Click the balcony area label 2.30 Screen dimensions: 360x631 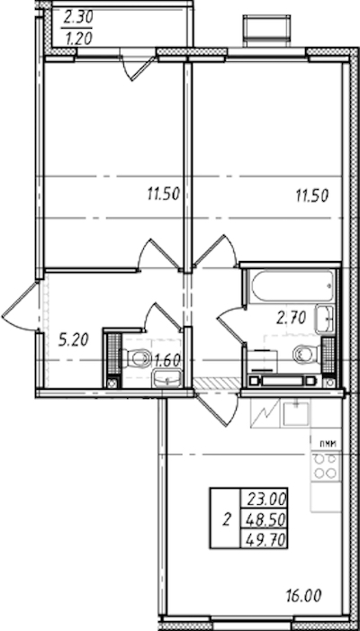[x=78, y=17]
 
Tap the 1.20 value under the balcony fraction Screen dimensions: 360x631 [x=78, y=38]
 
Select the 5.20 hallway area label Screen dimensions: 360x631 [x=73, y=340]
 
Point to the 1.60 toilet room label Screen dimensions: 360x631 [x=166, y=360]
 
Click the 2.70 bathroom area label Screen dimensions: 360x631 [x=292, y=318]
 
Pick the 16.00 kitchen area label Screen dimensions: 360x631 [x=303, y=595]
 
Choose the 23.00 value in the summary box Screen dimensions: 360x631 [x=266, y=500]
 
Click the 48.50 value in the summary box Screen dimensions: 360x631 [x=266, y=520]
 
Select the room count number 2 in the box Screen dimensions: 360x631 [x=227, y=520]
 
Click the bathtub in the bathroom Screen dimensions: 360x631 [x=292, y=286]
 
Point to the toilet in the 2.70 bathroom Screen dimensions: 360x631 [x=307, y=354]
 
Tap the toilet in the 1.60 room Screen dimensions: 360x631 [x=135, y=357]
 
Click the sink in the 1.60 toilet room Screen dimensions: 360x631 [x=166, y=378]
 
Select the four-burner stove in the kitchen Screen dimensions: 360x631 [x=326, y=466]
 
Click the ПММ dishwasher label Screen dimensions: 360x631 [x=328, y=444]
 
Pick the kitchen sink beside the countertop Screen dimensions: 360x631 [x=295, y=413]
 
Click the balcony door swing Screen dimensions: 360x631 [x=138, y=68]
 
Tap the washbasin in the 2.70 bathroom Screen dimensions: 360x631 [x=325, y=319]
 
